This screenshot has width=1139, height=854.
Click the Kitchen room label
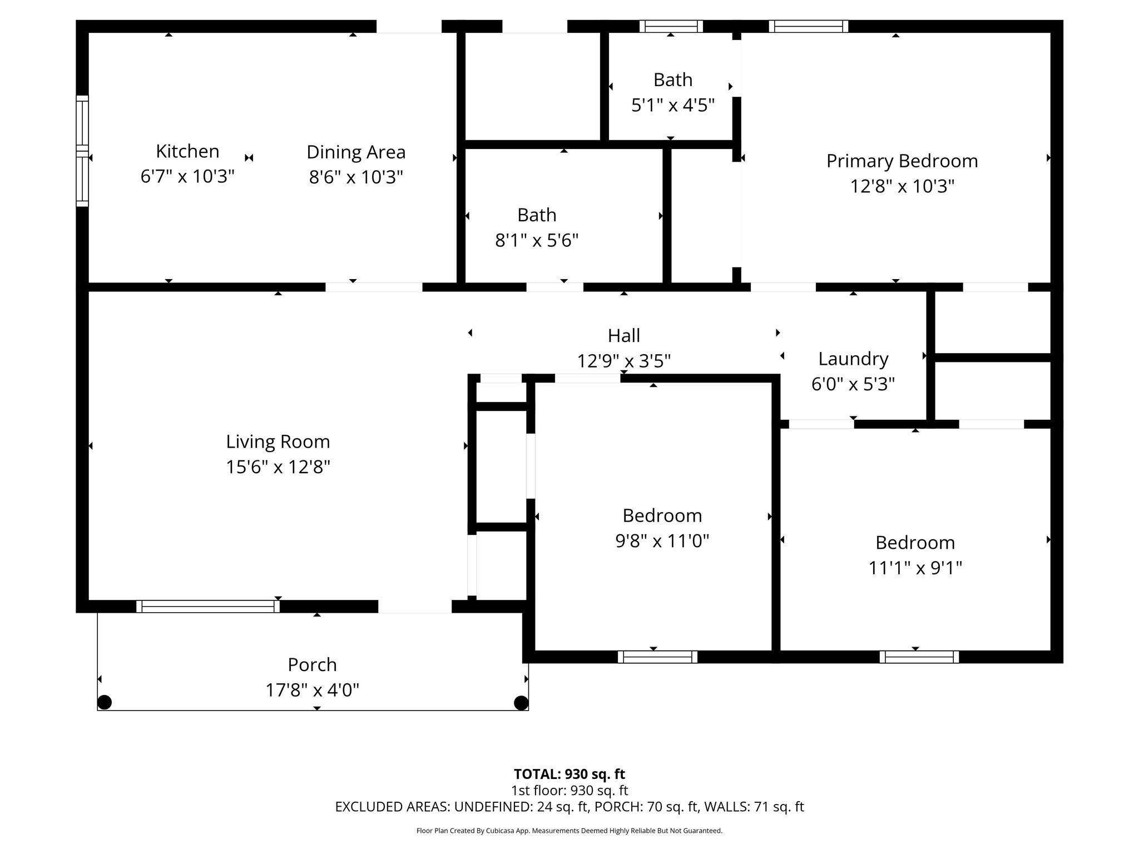(x=187, y=151)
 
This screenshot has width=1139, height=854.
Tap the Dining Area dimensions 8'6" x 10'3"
(x=356, y=177)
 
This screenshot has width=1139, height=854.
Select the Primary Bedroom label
(x=902, y=161)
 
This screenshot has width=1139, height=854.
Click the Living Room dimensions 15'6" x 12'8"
(x=278, y=467)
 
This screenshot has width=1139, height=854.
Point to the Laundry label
(x=853, y=359)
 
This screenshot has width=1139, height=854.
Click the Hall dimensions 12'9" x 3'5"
(x=623, y=361)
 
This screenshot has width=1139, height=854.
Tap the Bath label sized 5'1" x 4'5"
(x=672, y=80)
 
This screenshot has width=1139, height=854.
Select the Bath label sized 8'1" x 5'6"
(x=537, y=215)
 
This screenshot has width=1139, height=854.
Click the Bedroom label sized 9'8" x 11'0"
(x=662, y=516)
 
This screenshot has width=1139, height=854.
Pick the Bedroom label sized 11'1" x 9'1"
(x=915, y=543)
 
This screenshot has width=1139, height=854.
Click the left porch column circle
(x=105, y=702)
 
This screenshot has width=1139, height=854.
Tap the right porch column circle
(x=521, y=703)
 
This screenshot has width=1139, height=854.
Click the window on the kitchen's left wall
(x=82, y=151)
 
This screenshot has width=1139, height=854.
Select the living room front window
(x=208, y=607)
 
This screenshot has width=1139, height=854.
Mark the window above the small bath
(x=671, y=26)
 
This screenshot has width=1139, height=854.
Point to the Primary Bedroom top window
(x=808, y=26)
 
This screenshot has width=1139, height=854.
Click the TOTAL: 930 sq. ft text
(x=569, y=774)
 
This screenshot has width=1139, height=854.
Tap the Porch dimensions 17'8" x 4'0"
(x=312, y=691)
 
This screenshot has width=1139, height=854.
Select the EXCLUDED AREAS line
(x=569, y=807)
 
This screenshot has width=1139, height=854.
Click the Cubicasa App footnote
(x=569, y=831)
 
